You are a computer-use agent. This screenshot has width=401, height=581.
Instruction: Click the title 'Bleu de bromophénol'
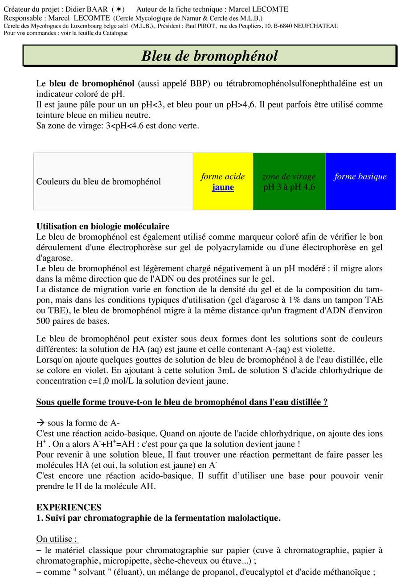[209, 56]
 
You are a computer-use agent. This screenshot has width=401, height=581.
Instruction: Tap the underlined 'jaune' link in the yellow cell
[223, 187]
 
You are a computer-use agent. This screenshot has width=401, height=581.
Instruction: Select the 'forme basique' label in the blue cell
[360, 176]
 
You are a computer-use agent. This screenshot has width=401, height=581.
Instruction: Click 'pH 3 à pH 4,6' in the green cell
[289, 187]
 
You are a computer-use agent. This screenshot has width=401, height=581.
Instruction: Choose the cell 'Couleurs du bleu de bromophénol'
[98, 182]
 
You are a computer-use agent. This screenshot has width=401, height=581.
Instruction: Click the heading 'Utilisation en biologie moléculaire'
[103, 226]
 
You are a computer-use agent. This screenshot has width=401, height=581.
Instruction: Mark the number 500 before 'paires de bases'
[44, 321]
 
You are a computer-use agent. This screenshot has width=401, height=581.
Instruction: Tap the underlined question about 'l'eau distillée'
[182, 402]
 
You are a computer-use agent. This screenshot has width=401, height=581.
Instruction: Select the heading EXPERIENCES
[69, 507]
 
